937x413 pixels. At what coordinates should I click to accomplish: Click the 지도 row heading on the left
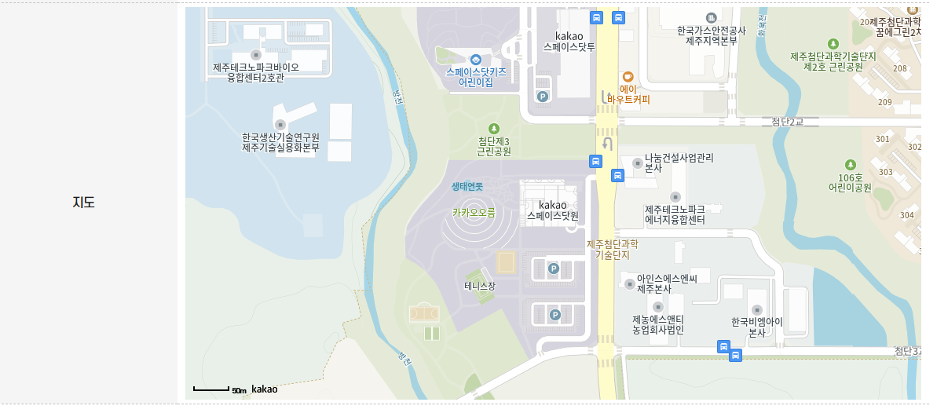[83, 202]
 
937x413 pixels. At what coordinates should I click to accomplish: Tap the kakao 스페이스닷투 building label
[570, 42]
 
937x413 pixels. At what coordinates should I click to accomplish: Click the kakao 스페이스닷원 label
[552, 210]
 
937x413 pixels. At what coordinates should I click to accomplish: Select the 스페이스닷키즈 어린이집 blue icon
[476, 60]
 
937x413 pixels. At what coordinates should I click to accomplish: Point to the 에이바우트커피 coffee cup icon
[628, 76]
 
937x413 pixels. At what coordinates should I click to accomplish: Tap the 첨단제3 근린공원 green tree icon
[493, 128]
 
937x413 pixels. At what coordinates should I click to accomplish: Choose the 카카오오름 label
[474, 213]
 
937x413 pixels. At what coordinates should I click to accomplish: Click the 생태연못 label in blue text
[467, 187]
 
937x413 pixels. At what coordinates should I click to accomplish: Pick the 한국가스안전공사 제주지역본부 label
[711, 35]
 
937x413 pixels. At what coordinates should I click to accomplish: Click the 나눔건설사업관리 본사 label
[679, 163]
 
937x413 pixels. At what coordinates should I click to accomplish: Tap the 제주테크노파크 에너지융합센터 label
[675, 215]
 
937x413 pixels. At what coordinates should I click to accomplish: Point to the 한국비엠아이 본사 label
[756, 327]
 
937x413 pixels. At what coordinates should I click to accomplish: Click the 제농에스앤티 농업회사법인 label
[658, 324]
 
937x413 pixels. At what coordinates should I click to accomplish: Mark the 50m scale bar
[211, 389]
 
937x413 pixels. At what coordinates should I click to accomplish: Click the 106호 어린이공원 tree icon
[850, 165]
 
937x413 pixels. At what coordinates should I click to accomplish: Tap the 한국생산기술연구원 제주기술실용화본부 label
[280, 142]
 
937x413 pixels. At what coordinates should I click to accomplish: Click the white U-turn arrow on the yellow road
[606, 144]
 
